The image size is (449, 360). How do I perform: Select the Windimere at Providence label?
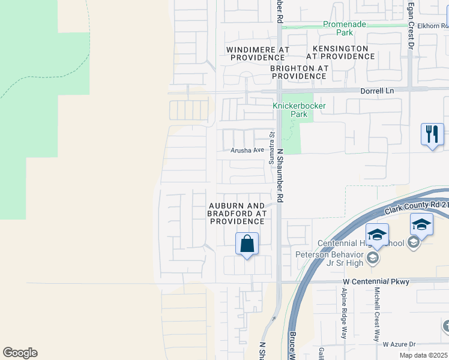pos(258,53)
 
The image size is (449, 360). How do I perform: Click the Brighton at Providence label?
pos(299,72)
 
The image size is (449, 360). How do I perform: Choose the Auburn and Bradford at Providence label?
pos(237,213)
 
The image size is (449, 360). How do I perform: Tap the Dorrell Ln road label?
pos(377,91)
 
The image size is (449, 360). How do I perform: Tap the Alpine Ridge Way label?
pos(344,321)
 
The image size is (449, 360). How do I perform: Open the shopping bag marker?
pos(247,244)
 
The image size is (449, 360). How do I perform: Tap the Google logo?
pos(20,353)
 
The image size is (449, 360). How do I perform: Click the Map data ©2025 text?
pos(423,355)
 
